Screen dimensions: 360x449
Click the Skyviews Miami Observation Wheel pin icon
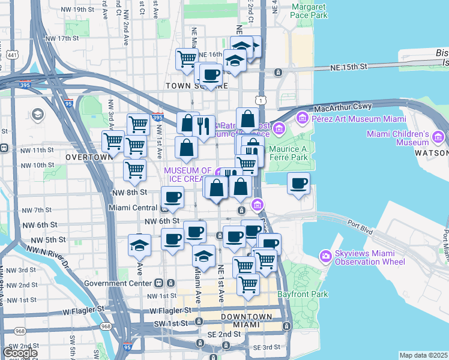(x=326, y=256)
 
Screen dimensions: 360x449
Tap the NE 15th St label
(x=349, y=68)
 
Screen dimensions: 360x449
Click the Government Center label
(x=118, y=283)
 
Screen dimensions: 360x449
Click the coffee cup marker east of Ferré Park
(x=298, y=184)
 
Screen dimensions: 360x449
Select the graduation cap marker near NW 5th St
(x=139, y=245)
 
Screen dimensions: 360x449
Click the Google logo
(x=20, y=353)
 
